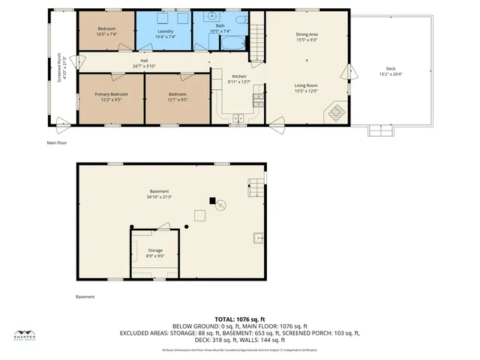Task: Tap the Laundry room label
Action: (x=164, y=30)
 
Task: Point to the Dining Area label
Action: (x=306, y=34)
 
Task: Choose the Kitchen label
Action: (x=238, y=76)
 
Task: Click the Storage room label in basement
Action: (x=154, y=250)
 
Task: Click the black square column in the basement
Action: (x=213, y=200)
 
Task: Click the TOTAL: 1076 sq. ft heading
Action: (x=240, y=319)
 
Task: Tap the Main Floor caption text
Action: (x=57, y=142)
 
